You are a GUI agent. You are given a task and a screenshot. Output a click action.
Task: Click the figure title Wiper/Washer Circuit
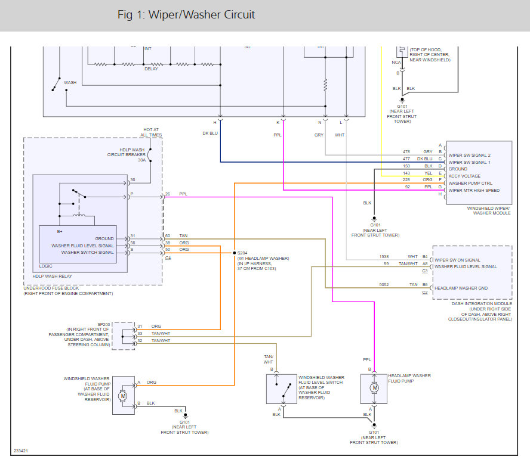tap(186, 15)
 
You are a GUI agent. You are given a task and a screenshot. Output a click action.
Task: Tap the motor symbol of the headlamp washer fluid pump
tap(374, 389)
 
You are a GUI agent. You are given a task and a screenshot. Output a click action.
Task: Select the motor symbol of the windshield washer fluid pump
tap(124, 395)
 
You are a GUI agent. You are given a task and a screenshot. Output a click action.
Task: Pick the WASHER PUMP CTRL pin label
tap(470, 183)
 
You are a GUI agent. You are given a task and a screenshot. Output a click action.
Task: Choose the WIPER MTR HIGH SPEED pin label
tap(473, 190)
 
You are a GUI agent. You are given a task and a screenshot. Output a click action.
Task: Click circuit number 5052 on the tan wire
tap(384, 284)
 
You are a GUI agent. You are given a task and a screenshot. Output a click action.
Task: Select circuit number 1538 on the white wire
tap(384, 257)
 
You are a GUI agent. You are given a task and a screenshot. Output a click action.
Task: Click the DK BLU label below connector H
tap(210, 133)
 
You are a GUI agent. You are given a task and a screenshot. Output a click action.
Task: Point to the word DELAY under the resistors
tap(152, 69)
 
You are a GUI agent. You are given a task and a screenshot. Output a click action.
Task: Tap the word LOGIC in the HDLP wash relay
tap(46, 266)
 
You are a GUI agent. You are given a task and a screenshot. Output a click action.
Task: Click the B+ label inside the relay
tap(60, 230)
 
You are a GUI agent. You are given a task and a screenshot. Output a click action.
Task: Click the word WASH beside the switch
tap(70, 82)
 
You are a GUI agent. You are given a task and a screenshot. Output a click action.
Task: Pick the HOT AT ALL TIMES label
tap(152, 132)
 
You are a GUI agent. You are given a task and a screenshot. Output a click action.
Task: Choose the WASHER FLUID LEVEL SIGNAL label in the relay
tap(82, 246)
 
